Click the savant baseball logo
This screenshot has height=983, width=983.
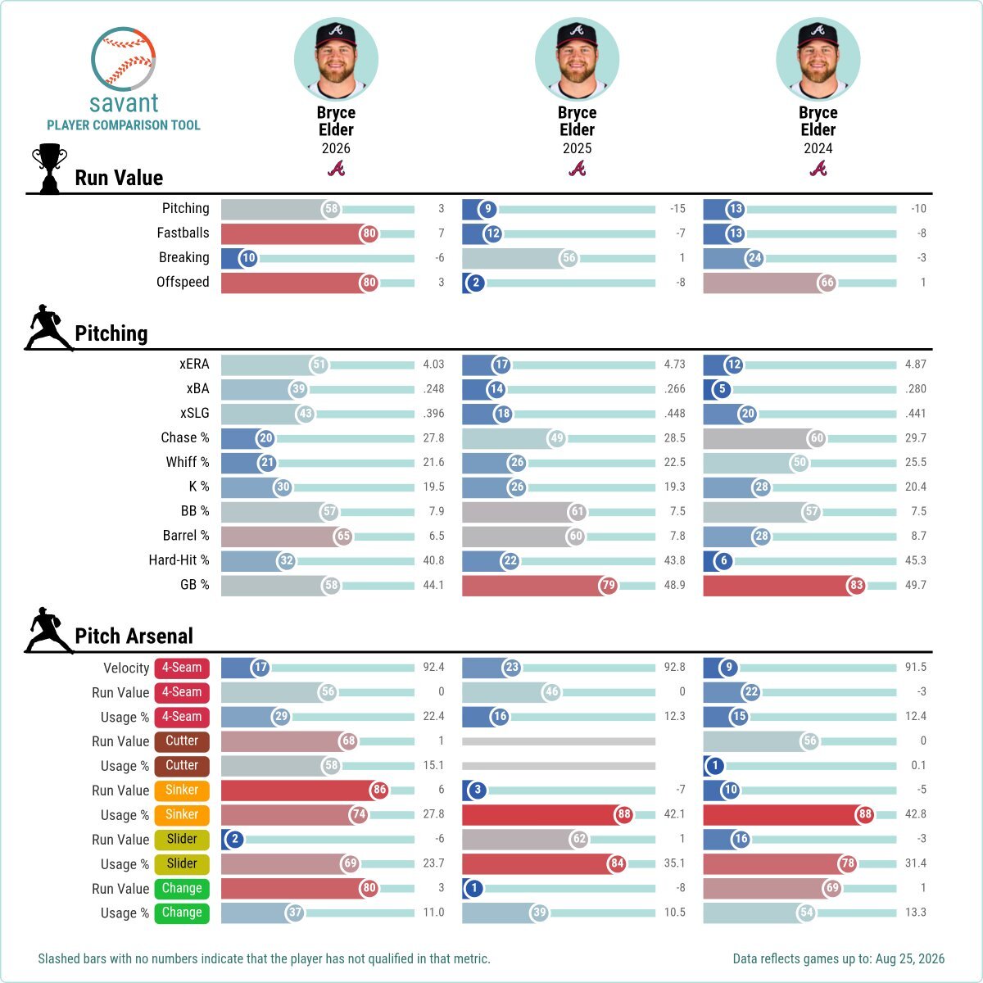tap(124, 59)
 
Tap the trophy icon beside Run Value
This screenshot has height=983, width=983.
tap(49, 169)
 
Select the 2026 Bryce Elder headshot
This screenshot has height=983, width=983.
tap(336, 59)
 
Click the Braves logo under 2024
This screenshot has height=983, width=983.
tap(818, 169)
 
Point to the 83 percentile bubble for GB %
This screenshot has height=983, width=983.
tap(857, 585)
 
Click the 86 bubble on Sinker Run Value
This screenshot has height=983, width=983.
tap(379, 790)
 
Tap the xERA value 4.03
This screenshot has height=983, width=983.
tap(433, 365)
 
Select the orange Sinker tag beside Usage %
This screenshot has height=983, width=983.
tap(182, 814)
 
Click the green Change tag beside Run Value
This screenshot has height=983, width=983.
tap(182, 888)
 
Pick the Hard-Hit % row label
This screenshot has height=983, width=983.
tap(179, 560)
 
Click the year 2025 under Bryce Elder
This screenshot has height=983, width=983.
tap(577, 148)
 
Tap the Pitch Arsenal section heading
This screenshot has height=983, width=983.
tap(134, 636)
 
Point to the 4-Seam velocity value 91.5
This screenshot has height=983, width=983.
tap(916, 668)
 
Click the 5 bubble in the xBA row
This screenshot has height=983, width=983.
tap(722, 389)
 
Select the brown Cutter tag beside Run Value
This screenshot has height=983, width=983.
tap(182, 741)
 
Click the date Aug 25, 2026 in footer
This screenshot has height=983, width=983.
tap(910, 959)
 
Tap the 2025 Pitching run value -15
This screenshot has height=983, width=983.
tap(677, 209)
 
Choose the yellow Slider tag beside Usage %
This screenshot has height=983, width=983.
tap(182, 863)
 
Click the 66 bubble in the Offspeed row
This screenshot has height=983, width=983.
tap(827, 283)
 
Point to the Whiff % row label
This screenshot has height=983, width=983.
tap(188, 462)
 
